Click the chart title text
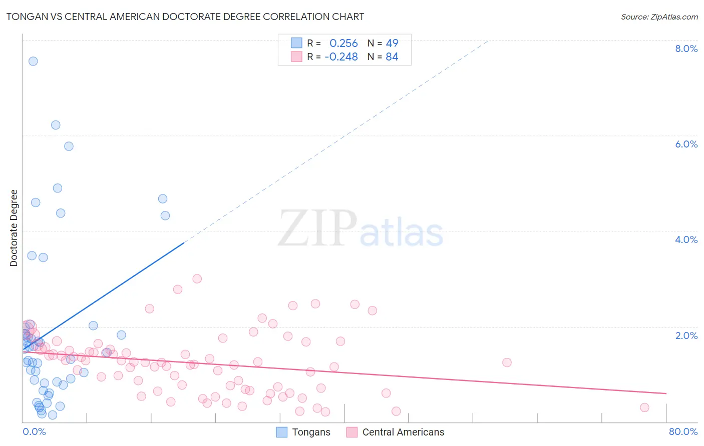pos(185,16)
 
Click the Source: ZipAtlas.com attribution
pos(659,16)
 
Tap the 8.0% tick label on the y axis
pos(686,48)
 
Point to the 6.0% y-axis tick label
pos(686,144)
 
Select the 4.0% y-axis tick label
pos(686,239)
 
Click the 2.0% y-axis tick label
pos(686,335)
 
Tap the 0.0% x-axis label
pos(34,431)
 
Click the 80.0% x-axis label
pos(683,431)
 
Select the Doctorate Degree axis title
pos(14,228)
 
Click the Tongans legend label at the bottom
pos(311,432)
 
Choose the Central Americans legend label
pos(403,432)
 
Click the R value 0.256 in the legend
pos(343,43)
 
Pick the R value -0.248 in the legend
pos(341,57)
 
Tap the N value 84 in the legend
pos(392,57)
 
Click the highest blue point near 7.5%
pos(33,61)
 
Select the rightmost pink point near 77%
pos(644,407)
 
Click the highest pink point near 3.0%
pos(197,278)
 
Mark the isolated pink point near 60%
pos(507,362)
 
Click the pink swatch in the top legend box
pos(296,57)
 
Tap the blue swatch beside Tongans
pos(282,432)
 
